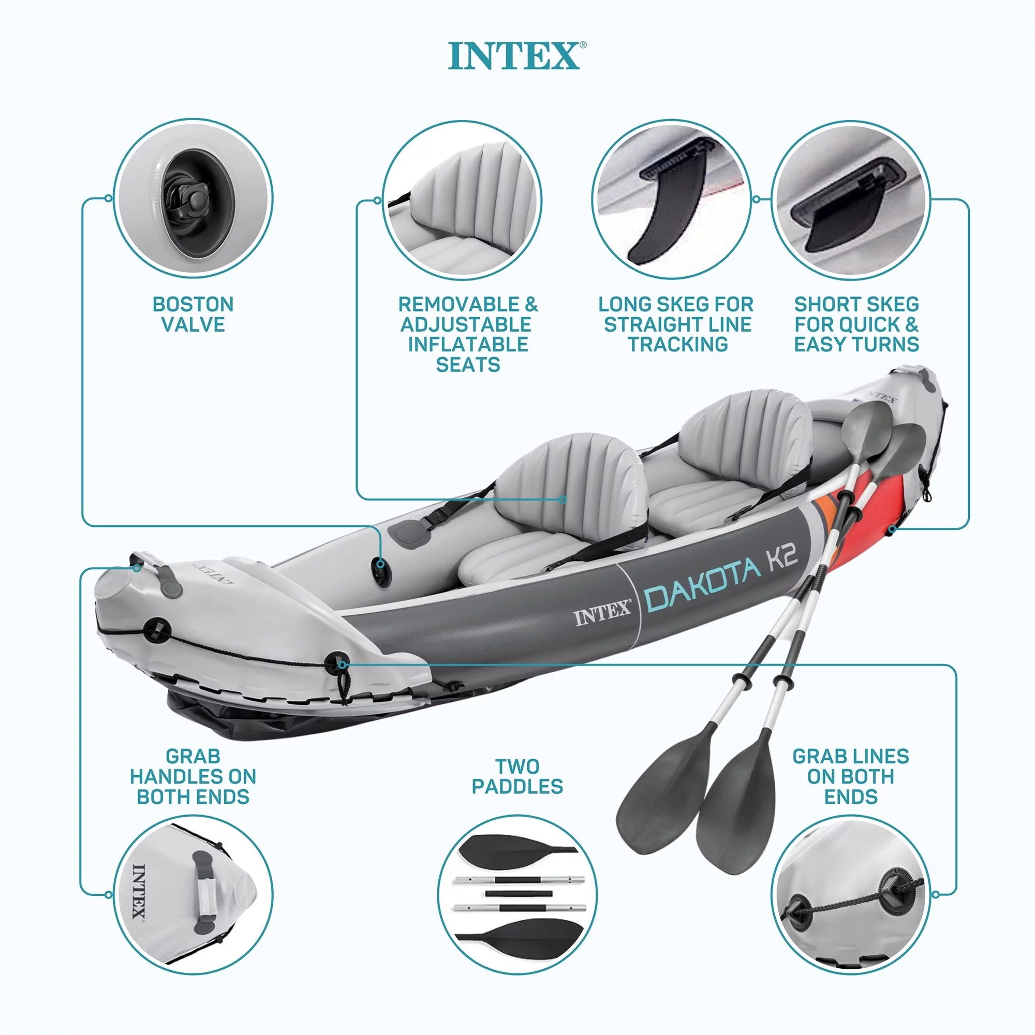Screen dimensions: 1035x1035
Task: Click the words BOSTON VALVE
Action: click(x=193, y=315)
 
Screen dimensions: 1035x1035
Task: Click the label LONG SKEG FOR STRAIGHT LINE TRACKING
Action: click(x=676, y=324)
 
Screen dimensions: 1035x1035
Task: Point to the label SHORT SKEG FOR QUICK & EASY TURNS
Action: click(x=856, y=324)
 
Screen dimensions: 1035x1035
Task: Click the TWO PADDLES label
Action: click(x=517, y=776)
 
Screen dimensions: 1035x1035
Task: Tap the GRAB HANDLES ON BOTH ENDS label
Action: click(x=193, y=776)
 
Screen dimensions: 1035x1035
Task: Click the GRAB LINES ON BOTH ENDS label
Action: click(x=851, y=776)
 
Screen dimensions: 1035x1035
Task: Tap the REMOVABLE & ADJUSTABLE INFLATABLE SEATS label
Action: click(x=468, y=334)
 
